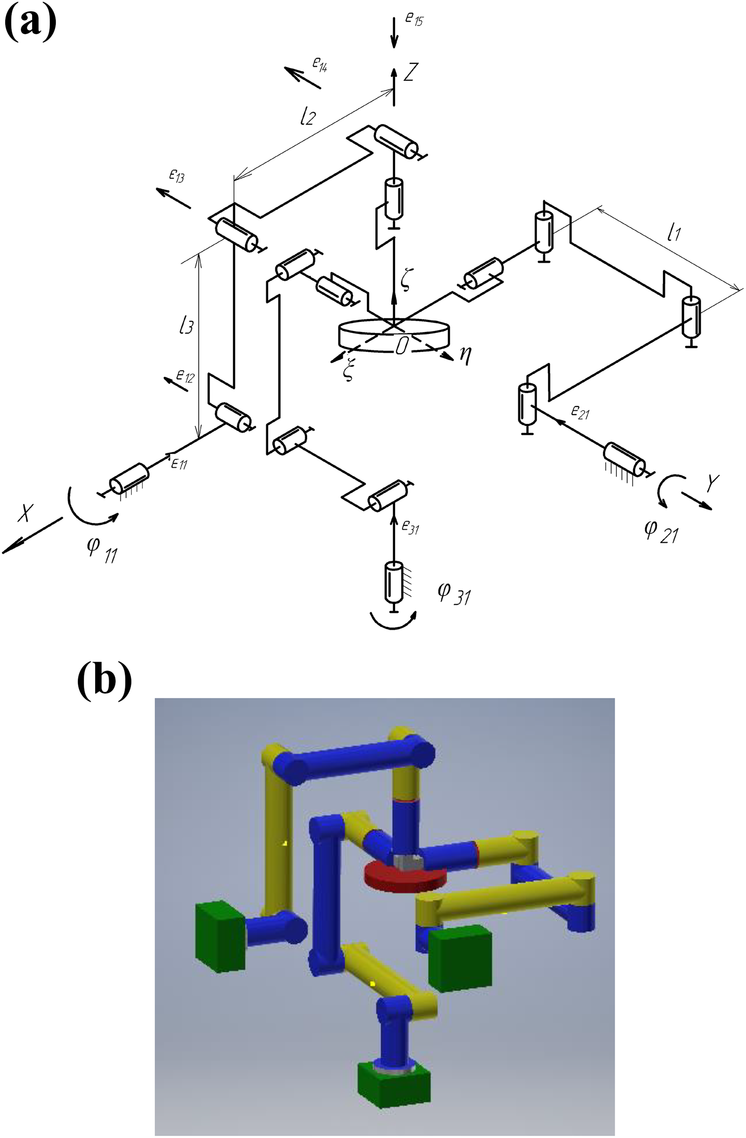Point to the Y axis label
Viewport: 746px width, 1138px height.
(712, 484)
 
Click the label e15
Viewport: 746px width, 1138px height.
(414, 20)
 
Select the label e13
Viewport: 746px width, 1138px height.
(177, 175)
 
